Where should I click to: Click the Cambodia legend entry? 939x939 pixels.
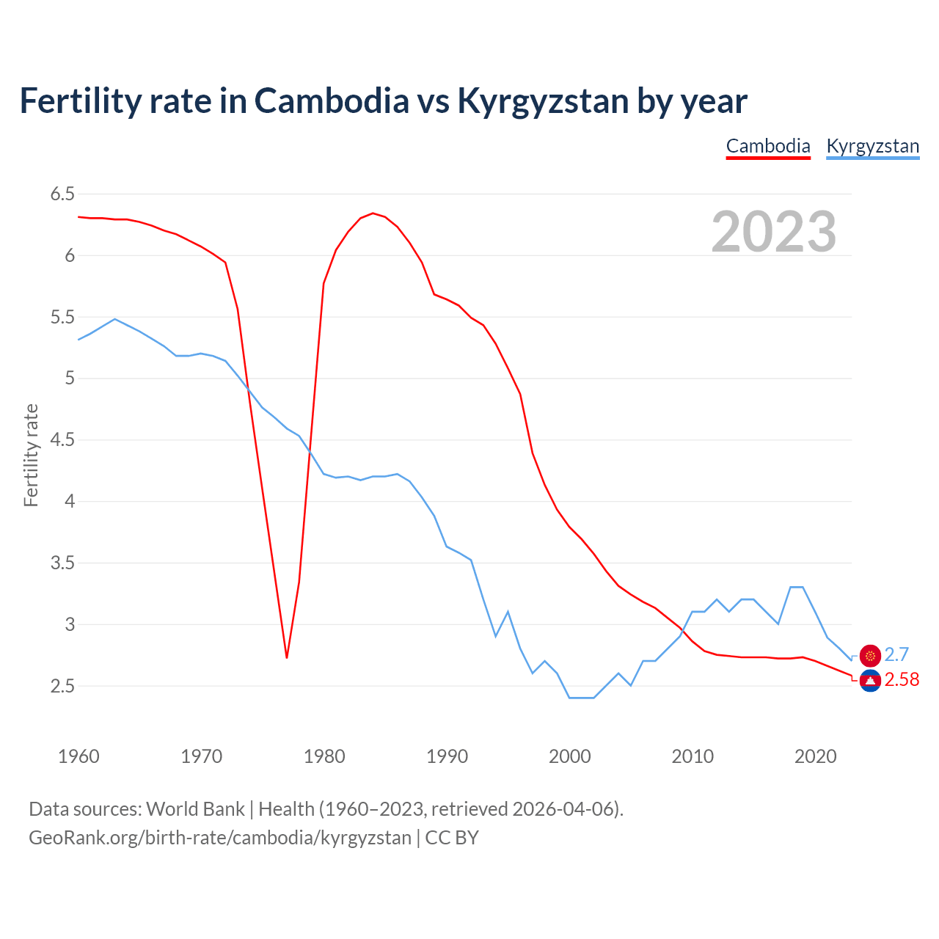(768, 146)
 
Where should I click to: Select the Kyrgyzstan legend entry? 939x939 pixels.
(872, 146)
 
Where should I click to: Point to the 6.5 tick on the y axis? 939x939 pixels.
(62, 194)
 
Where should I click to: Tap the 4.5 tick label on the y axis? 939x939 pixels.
(62, 440)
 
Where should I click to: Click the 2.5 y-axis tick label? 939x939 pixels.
(62, 687)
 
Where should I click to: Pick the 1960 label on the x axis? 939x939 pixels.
(78, 756)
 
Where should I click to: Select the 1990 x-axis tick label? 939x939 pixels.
(447, 756)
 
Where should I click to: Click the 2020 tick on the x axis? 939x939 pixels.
(815, 756)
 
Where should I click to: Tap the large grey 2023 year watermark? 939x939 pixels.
(773, 232)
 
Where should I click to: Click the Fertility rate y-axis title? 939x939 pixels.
(31, 455)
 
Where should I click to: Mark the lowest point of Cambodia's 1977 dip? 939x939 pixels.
(287, 657)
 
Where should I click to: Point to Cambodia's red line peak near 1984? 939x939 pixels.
(373, 213)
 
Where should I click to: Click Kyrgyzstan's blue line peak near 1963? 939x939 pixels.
(115, 319)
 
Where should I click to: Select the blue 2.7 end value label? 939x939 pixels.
(896, 654)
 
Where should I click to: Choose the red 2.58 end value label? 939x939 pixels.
(902, 680)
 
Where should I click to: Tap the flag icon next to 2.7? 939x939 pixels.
(870, 656)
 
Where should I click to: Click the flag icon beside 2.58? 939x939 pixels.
(870, 682)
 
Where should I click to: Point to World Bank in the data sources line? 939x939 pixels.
(195, 809)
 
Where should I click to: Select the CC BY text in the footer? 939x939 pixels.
(452, 838)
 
